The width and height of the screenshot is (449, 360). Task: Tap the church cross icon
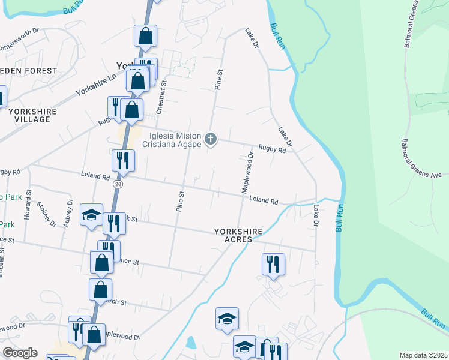(x=210, y=139)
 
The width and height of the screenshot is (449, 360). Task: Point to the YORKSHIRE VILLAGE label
(x=33, y=115)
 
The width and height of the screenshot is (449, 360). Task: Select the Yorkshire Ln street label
(x=96, y=85)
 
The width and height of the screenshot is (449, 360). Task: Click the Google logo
(x=20, y=353)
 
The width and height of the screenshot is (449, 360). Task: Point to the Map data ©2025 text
(x=424, y=355)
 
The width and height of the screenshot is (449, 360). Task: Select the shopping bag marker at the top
(x=146, y=36)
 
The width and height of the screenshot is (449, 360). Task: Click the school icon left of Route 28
(x=91, y=215)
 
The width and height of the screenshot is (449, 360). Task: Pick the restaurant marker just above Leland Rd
(x=122, y=160)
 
